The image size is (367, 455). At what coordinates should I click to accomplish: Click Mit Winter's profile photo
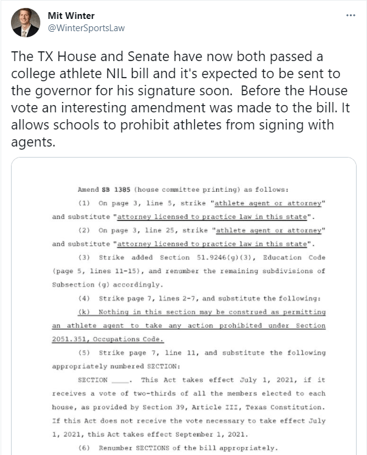pos(26,23)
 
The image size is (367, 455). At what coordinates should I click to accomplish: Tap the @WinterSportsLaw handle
pos(85,28)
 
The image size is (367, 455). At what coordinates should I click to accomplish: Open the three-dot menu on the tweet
pos(350,15)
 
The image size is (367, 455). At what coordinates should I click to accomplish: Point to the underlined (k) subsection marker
pos(85,313)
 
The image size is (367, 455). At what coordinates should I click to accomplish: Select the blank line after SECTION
pos(122,380)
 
